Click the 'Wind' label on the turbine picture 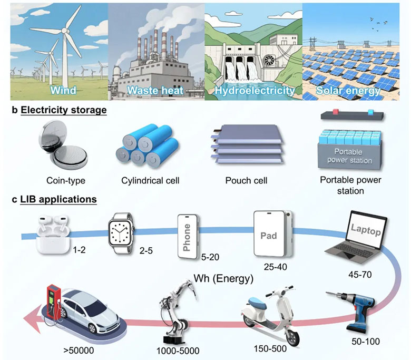(63, 90)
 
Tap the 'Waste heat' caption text (155, 90)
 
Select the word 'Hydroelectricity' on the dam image (255, 91)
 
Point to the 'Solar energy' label (348, 91)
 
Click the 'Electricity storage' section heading (64, 110)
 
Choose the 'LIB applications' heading (58, 200)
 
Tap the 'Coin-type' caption (66, 181)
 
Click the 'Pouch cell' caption (247, 180)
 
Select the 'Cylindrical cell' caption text (150, 181)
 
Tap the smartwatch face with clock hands (121, 233)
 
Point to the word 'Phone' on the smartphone (187, 237)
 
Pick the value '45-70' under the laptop (360, 275)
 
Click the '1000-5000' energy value (178, 351)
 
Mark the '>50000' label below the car (79, 351)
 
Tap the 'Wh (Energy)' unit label (223, 278)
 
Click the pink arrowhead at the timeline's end (32, 319)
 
